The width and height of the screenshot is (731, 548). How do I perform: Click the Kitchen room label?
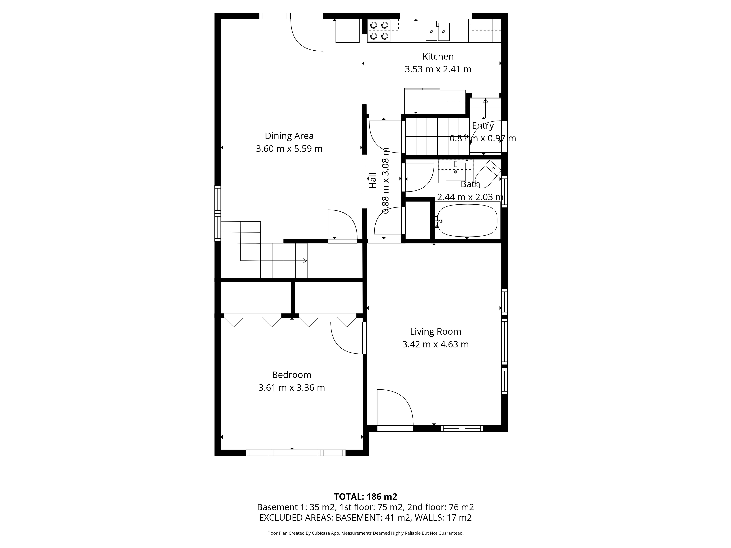pos(438,56)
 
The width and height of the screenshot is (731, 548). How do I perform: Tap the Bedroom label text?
pos(291,375)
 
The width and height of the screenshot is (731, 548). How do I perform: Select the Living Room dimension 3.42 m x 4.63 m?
pos(435,344)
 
